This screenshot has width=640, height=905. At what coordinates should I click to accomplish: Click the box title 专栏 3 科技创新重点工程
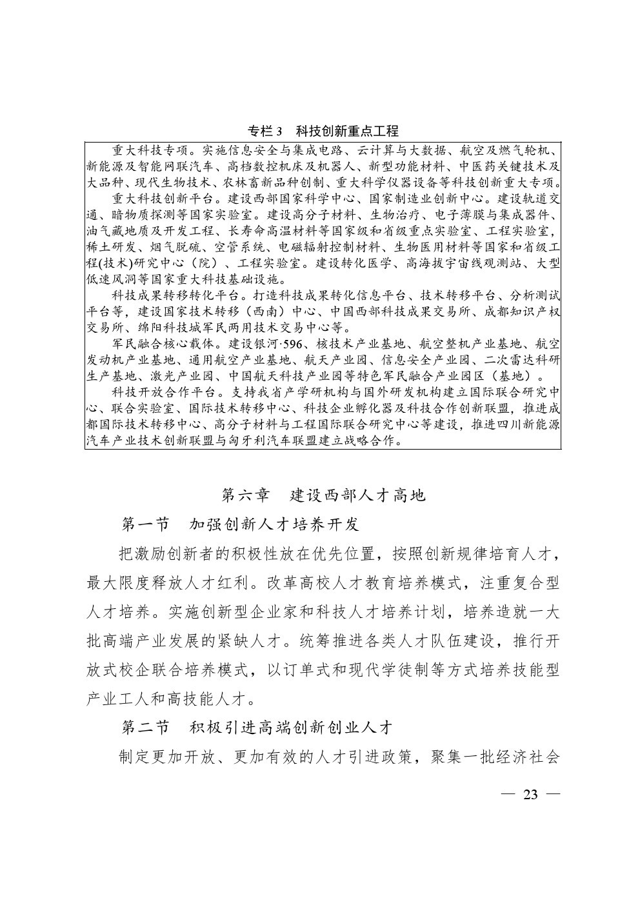[x=323, y=131]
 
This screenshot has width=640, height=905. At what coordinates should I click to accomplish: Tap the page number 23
[x=530, y=794]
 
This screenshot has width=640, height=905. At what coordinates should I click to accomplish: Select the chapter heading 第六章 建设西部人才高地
[x=323, y=495]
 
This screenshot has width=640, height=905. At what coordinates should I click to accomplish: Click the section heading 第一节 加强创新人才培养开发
[x=240, y=524]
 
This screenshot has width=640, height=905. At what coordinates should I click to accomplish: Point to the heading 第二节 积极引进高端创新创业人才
[x=257, y=728]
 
